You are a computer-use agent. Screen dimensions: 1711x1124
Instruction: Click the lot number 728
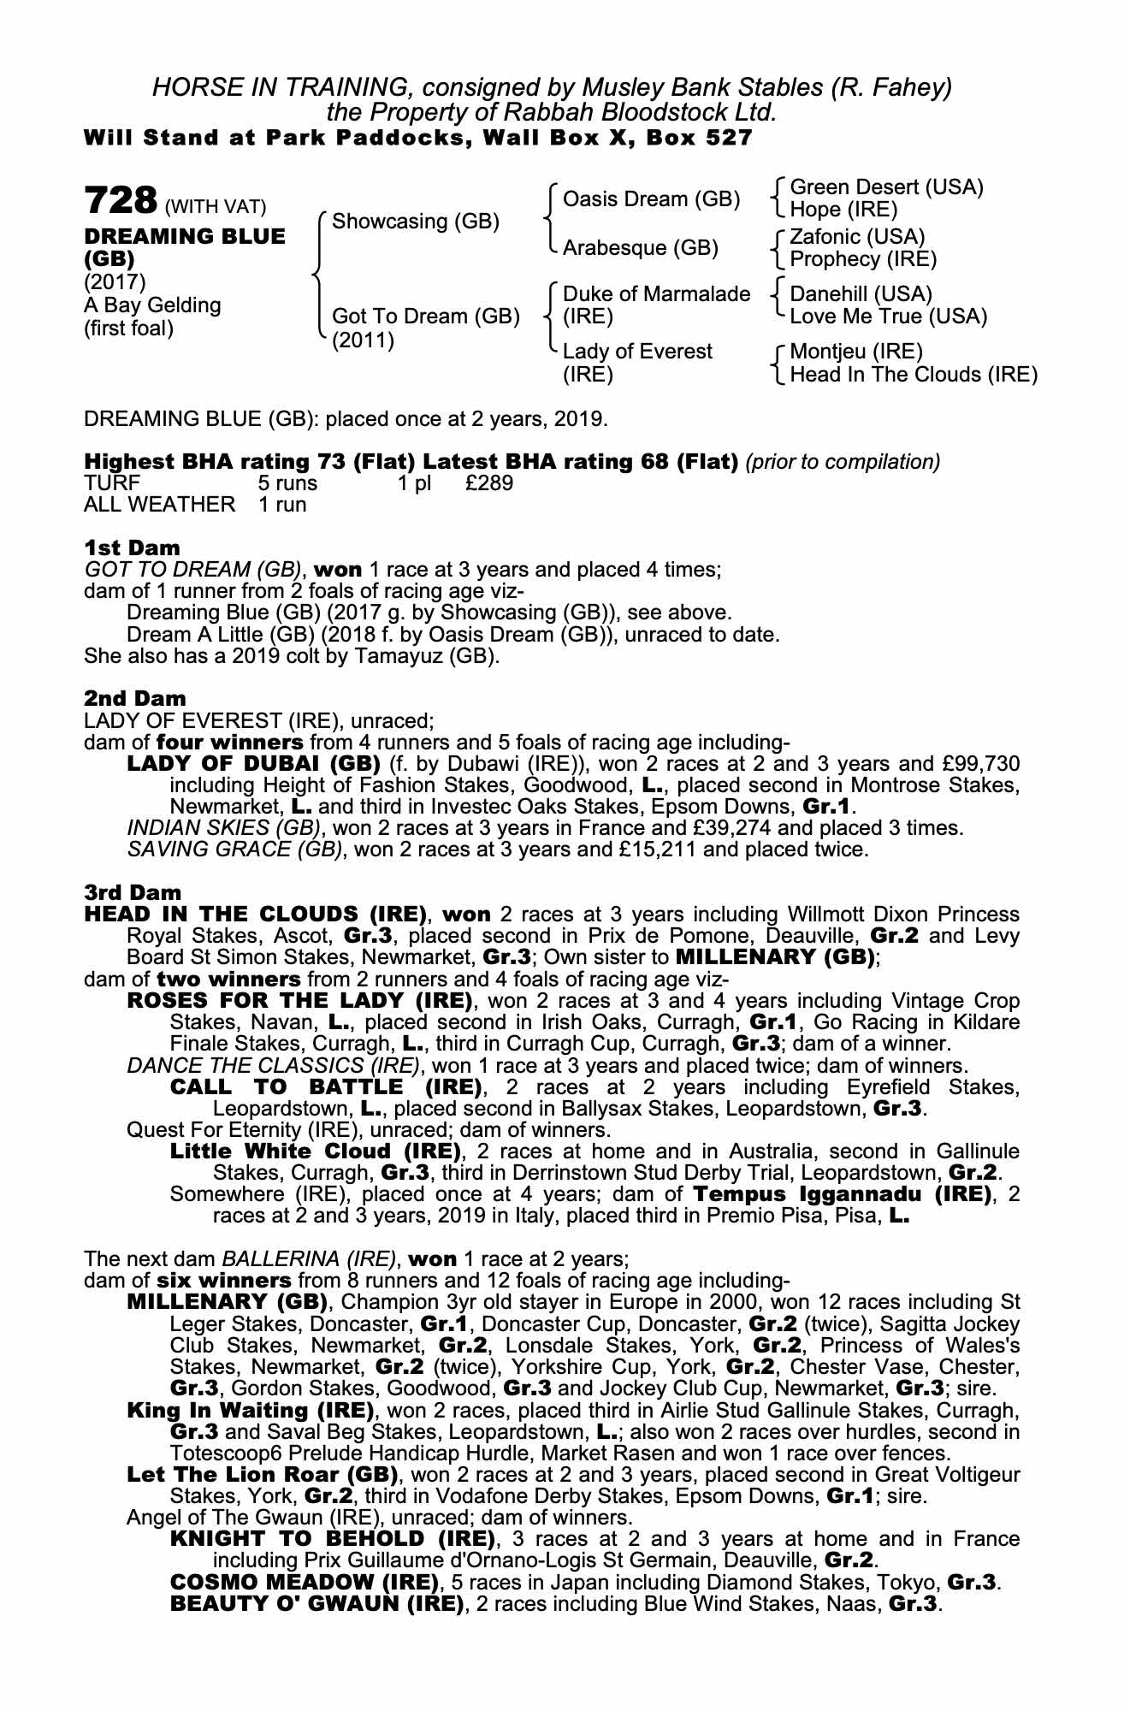[121, 201]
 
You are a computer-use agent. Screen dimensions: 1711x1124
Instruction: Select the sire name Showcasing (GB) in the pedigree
[415, 222]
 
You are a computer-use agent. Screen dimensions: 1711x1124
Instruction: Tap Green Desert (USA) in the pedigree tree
[886, 187]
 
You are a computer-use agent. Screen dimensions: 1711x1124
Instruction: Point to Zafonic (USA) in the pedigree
[857, 237]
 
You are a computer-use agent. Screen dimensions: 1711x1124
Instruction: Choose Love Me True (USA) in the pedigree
[888, 317]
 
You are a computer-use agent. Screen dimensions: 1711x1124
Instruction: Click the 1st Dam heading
[132, 548]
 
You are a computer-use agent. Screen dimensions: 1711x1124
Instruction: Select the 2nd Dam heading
[134, 698]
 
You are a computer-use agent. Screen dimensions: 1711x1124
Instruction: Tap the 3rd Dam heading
[133, 893]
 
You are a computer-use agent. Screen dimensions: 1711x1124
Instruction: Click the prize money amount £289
[489, 483]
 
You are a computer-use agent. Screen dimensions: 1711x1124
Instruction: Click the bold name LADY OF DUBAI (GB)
[253, 763]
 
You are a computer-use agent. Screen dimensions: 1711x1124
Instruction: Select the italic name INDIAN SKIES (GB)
[224, 828]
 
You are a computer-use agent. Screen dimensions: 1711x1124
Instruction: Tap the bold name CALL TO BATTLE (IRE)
[325, 1087]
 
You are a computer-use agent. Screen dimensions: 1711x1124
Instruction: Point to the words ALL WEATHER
[159, 505]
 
